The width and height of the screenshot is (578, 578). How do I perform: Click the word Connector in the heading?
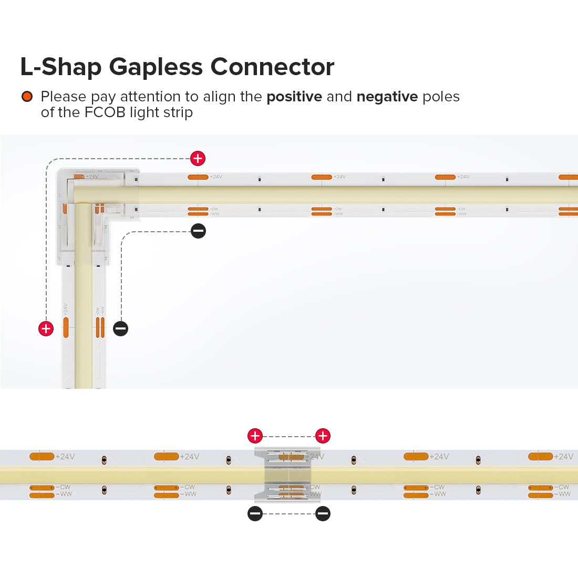click(x=272, y=67)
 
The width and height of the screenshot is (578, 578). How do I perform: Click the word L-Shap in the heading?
click(x=60, y=67)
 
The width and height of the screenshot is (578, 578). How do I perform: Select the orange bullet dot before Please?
click(x=27, y=97)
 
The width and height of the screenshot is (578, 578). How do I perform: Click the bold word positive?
click(x=294, y=97)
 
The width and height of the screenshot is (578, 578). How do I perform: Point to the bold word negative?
click(x=387, y=97)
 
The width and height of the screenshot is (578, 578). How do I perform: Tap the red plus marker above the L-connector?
click(x=198, y=158)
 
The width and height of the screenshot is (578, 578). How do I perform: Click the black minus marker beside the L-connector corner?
click(x=198, y=231)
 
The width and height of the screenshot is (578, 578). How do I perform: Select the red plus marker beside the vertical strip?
click(x=46, y=328)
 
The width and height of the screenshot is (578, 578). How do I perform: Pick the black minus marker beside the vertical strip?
click(x=120, y=328)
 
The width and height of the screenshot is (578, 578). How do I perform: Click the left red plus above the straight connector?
click(x=255, y=436)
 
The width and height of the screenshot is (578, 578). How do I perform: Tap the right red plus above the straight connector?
click(x=323, y=436)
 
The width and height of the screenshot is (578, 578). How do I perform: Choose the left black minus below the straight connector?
click(x=255, y=513)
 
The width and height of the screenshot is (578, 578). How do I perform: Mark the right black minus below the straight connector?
click(x=323, y=513)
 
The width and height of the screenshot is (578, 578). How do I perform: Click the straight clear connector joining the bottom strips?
click(x=288, y=474)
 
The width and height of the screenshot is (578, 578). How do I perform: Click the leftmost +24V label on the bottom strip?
click(x=65, y=457)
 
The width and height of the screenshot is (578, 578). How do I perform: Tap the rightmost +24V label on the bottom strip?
click(x=563, y=457)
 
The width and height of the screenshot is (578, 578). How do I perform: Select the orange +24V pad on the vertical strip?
click(x=66, y=327)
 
